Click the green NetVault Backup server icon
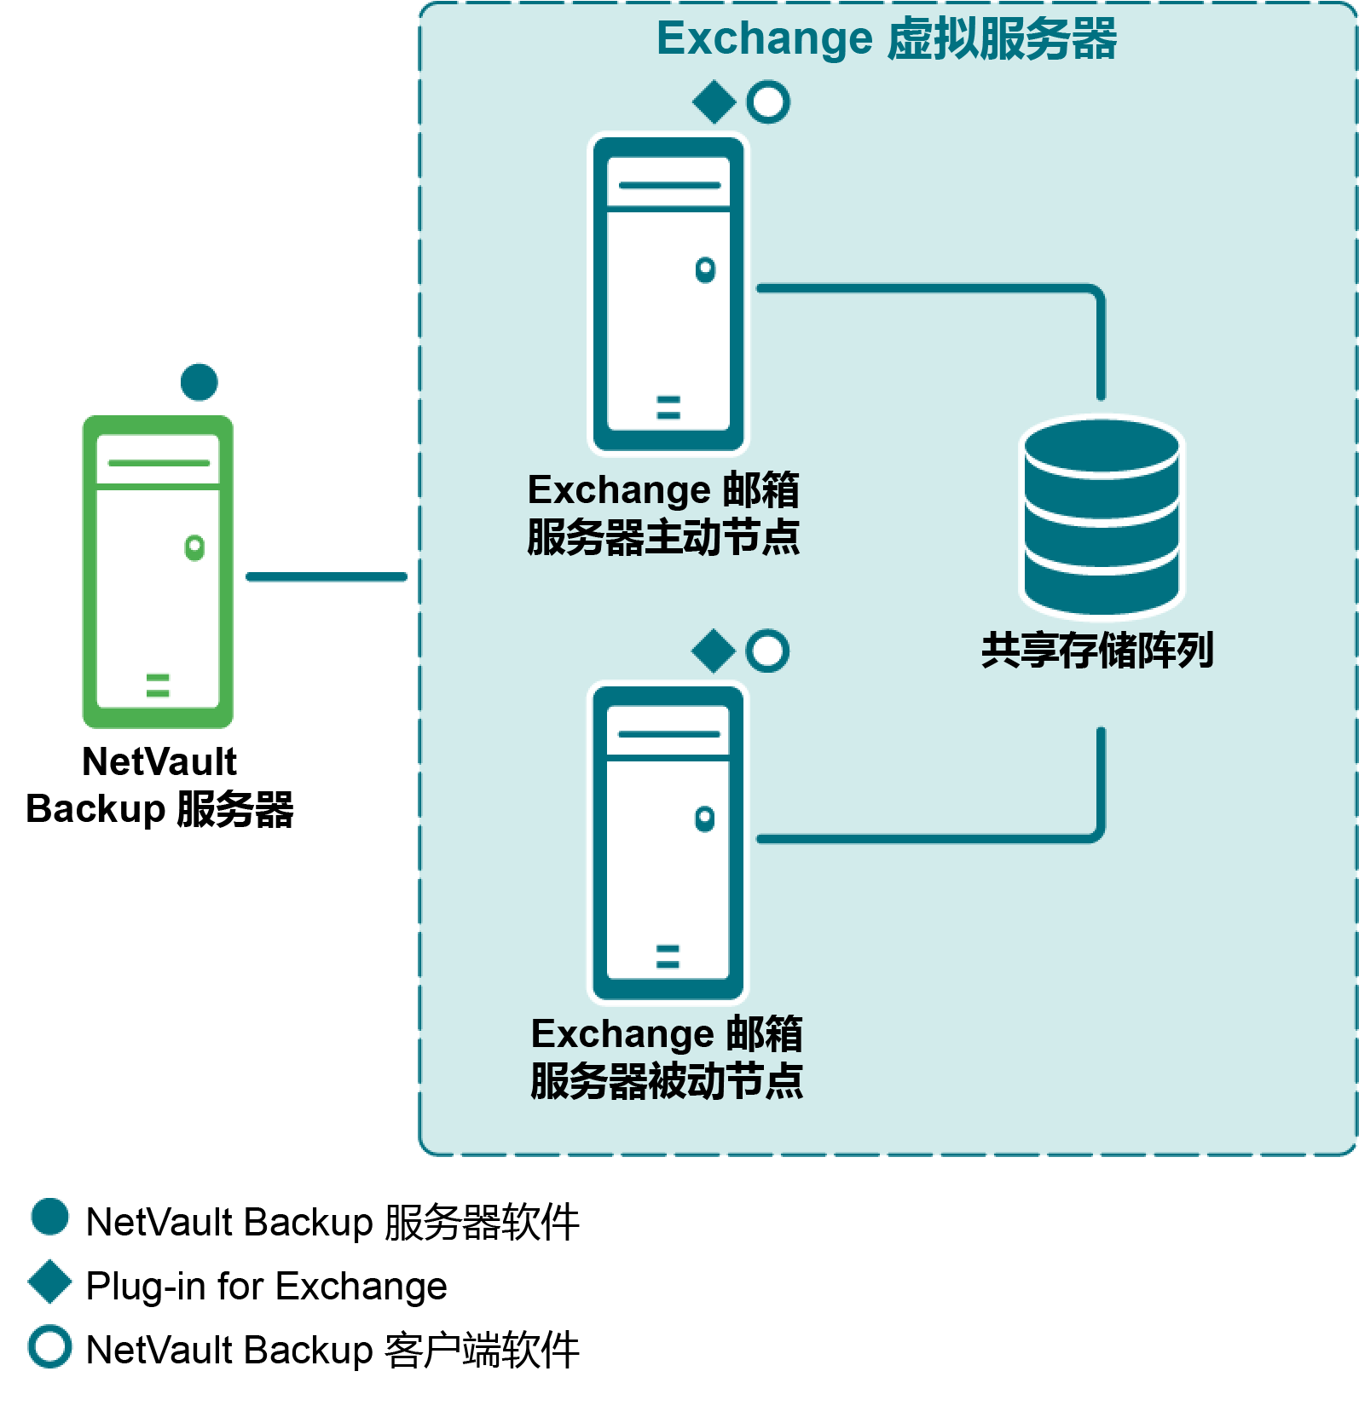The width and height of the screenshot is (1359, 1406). click(x=158, y=571)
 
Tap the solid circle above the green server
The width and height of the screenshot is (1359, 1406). click(x=199, y=382)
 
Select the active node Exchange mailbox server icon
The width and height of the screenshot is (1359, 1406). click(x=668, y=294)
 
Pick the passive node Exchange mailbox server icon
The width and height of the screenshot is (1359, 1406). click(x=668, y=842)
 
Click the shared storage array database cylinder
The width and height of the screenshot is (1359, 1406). click(x=1102, y=516)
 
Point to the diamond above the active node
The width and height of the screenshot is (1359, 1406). click(x=714, y=102)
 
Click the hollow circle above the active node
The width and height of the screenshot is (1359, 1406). click(x=768, y=102)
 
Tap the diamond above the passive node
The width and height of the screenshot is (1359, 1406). click(x=714, y=651)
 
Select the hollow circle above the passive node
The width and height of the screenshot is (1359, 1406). click(x=767, y=651)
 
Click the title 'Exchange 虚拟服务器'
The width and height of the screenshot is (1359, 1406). click(x=886, y=39)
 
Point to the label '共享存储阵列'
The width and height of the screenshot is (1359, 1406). click(x=1097, y=651)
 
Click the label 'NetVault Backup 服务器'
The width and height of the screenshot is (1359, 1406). click(x=159, y=785)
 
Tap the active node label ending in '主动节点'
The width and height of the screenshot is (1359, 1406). click(x=663, y=513)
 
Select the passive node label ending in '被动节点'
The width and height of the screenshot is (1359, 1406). click(x=667, y=1057)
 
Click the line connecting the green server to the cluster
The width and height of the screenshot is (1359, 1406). click(x=327, y=577)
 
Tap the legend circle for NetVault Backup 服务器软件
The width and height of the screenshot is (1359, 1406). click(x=49, y=1217)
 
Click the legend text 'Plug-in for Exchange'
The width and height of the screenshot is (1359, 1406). click(x=267, y=1286)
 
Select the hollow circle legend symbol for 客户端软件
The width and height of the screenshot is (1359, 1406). click(x=49, y=1346)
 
